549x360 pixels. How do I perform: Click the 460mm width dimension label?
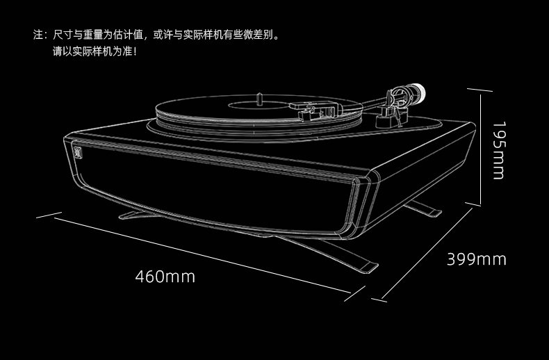click(x=165, y=277)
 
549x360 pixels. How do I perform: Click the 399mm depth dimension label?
click(x=477, y=259)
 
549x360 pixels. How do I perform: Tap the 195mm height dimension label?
click(x=499, y=150)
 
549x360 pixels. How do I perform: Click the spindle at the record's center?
click(x=259, y=99)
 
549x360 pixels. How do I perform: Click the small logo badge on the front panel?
click(x=78, y=150)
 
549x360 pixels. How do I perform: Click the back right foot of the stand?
click(x=424, y=208)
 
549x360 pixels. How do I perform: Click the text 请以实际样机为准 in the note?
click(x=92, y=51)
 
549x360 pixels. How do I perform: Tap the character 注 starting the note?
click(x=38, y=35)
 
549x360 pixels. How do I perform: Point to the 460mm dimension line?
click(x=203, y=255)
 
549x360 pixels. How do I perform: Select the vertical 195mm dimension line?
click(x=480, y=149)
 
